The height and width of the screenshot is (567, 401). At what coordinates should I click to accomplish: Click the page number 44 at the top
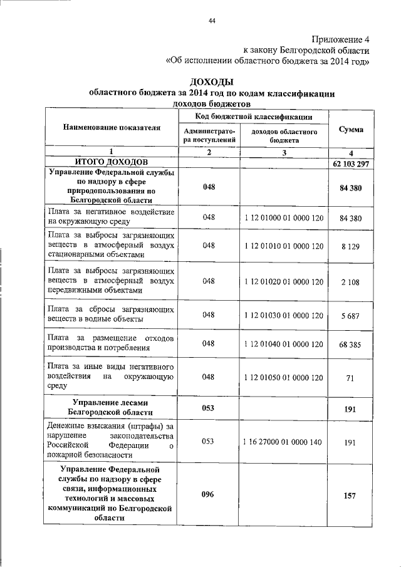pyautogui.click(x=212, y=22)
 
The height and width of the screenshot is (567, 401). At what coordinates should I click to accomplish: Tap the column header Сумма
pyautogui.click(x=351, y=128)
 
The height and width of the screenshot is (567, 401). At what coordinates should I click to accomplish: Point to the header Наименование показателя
pyautogui.click(x=112, y=127)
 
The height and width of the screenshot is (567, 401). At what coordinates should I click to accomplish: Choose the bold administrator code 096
pyautogui.click(x=208, y=495)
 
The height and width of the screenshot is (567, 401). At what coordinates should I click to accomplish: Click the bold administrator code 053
pyautogui.click(x=208, y=408)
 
